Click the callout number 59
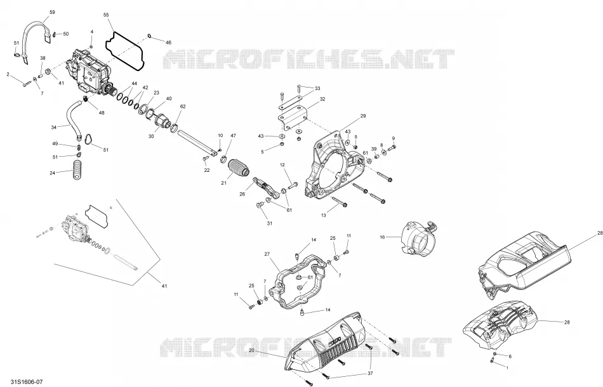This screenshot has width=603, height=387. (x=52, y=12)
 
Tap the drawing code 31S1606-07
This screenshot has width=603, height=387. (x=27, y=382)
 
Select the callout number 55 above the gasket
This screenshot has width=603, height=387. (x=106, y=15)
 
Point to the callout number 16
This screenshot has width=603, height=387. (x=382, y=237)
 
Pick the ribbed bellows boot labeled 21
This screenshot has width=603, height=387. (x=239, y=169)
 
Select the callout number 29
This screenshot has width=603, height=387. (x=363, y=116)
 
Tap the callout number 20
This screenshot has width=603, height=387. (x=251, y=350)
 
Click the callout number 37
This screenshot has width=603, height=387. (x=370, y=374)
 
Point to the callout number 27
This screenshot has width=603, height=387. (x=267, y=254)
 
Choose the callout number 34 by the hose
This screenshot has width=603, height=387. (x=54, y=128)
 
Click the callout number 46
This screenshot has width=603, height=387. (x=168, y=43)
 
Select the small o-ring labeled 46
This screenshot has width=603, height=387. (x=149, y=37)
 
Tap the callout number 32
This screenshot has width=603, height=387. (x=322, y=99)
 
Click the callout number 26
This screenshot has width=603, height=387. (x=242, y=195)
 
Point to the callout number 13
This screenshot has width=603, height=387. (x=324, y=216)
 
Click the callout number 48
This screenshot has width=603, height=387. (x=102, y=113)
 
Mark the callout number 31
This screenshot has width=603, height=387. (x=270, y=223)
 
